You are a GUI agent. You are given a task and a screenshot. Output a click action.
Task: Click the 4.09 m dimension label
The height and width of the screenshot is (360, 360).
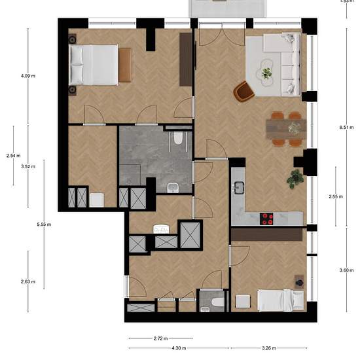pyautogui.click(x=28, y=76)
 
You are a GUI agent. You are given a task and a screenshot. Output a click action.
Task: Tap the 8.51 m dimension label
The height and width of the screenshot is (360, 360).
pyautogui.click(x=346, y=128)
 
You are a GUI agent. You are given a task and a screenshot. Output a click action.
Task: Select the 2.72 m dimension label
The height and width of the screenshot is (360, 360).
pyautogui.click(x=160, y=338)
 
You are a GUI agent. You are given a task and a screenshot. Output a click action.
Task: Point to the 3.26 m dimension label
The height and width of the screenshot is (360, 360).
pyautogui.click(x=269, y=348)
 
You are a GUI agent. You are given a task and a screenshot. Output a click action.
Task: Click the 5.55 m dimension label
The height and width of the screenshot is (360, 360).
pyautogui.click(x=44, y=225)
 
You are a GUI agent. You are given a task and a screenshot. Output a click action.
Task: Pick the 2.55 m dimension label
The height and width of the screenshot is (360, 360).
pyautogui.click(x=336, y=196)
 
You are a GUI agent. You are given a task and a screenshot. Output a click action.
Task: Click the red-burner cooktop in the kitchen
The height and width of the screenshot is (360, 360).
pyautogui.click(x=266, y=219)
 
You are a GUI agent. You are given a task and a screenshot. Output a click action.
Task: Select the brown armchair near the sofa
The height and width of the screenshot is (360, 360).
pyautogui.click(x=243, y=92)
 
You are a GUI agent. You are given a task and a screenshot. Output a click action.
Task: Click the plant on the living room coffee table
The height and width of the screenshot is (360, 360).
pyautogui.click(x=266, y=73)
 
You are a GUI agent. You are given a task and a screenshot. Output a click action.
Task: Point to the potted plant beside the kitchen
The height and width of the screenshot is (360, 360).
pyautogui.click(x=295, y=179)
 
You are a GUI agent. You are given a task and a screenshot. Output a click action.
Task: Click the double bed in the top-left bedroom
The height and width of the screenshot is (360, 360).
pyautogui.click(x=93, y=65)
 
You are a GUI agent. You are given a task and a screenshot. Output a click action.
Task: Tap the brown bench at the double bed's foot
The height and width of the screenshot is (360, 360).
pyautogui.click(x=125, y=65)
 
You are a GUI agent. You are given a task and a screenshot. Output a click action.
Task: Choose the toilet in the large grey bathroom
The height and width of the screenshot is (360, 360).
pyautogui.click(x=178, y=137)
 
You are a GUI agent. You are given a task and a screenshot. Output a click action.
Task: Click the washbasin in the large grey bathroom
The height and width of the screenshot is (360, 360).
pyautogui.click(x=171, y=188)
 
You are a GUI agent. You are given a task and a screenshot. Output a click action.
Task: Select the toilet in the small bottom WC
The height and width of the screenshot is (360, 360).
pyautogui.click(x=217, y=302)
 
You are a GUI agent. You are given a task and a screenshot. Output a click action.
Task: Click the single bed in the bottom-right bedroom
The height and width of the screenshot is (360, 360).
pyautogui.click(x=280, y=300)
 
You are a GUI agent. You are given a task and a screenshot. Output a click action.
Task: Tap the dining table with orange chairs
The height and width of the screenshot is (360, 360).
pyautogui.click(x=286, y=129)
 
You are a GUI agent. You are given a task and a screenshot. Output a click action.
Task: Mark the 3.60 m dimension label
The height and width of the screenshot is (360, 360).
pyautogui.click(x=346, y=270)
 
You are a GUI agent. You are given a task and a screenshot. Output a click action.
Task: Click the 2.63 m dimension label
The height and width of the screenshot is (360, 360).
pyautogui.click(x=28, y=281)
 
